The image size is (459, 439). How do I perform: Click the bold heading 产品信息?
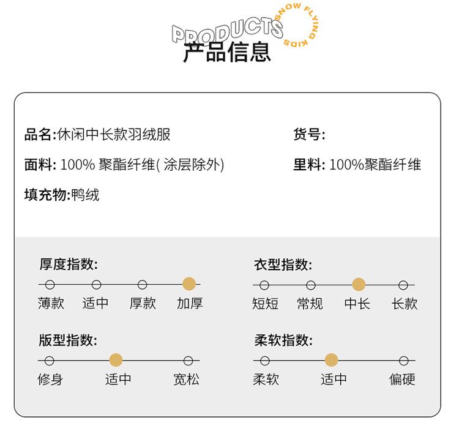pos(226,53)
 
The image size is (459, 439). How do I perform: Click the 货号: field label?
pos(309,134)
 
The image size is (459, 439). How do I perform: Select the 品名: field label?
pos(40,134)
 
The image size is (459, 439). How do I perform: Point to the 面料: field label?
pos(40,165)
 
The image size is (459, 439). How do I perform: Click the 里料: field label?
pos(309,165)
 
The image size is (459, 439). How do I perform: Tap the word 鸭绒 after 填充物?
pos(85,195)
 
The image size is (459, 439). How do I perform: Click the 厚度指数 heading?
pos(69,265)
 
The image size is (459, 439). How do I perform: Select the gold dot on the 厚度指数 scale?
pos(189,284)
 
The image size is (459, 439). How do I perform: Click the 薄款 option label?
pos(51,303)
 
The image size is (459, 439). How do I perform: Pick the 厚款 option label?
pos(143,303)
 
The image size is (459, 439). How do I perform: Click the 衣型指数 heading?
pos(283,265)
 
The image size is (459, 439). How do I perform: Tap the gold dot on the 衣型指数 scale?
pos(359,284)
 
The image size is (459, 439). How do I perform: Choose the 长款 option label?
pos(405,303)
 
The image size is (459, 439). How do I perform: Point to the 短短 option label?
pos(265,303)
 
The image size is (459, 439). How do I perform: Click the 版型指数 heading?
pos(69,341)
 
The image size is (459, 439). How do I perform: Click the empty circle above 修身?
pos(50,361)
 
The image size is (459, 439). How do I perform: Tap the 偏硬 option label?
pos(402,380)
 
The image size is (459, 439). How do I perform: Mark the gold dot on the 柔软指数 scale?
pos(331,361)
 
